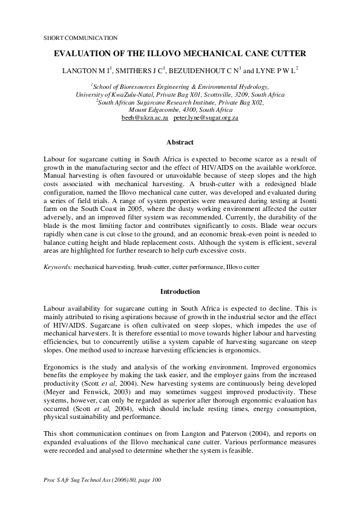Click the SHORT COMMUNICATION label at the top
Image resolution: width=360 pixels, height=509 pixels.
pyautogui.click(x=80, y=37)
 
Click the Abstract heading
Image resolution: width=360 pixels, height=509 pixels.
pyautogui.click(x=180, y=143)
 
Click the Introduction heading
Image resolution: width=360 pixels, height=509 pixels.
pyautogui.click(x=180, y=291)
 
